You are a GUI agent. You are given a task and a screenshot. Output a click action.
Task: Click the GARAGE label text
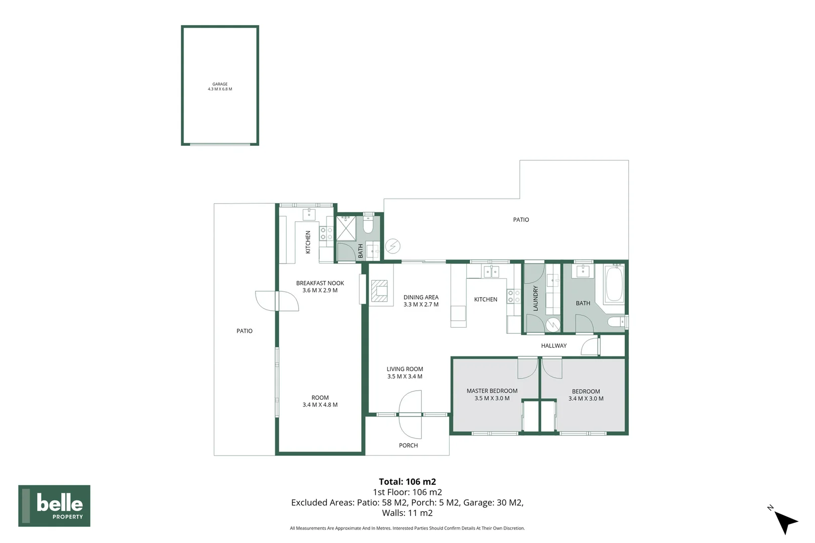pyautogui.click(x=220, y=86)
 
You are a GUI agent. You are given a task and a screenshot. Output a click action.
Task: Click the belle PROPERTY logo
pyautogui.click(x=54, y=506)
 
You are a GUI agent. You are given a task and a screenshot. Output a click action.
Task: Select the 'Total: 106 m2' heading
pyautogui.click(x=407, y=482)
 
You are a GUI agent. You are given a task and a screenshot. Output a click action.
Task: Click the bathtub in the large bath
pyautogui.click(x=614, y=284)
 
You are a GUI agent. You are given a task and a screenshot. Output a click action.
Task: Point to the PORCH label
pyautogui.click(x=408, y=445)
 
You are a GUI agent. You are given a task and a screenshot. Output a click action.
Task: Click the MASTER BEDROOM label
pyautogui.click(x=492, y=394)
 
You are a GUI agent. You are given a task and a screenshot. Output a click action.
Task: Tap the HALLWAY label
pyautogui.click(x=553, y=346)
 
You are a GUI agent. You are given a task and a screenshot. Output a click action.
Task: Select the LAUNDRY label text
pyautogui.click(x=535, y=298)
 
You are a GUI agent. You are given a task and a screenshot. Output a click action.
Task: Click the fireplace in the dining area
pyautogui.click(x=380, y=291)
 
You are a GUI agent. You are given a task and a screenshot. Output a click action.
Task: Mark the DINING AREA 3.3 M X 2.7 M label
pyautogui.click(x=421, y=301)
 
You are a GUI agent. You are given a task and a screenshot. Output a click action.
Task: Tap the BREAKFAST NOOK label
pyautogui.click(x=320, y=287)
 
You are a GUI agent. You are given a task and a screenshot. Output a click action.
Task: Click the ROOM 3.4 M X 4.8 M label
pyautogui.click(x=320, y=401)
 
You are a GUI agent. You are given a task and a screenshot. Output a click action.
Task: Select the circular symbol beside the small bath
pyautogui.click(x=393, y=246)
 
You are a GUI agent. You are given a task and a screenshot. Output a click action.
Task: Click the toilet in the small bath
pyautogui.click(x=368, y=225)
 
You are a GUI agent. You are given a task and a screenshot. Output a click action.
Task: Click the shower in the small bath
pyautogui.click(x=346, y=228)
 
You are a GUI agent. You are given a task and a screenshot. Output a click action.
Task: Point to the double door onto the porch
pyautogui.click(x=410, y=415)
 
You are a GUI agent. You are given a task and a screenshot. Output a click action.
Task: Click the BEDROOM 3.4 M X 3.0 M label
pyautogui.click(x=586, y=395)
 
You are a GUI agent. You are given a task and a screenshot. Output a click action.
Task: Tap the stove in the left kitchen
pyautogui.click(x=326, y=233)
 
